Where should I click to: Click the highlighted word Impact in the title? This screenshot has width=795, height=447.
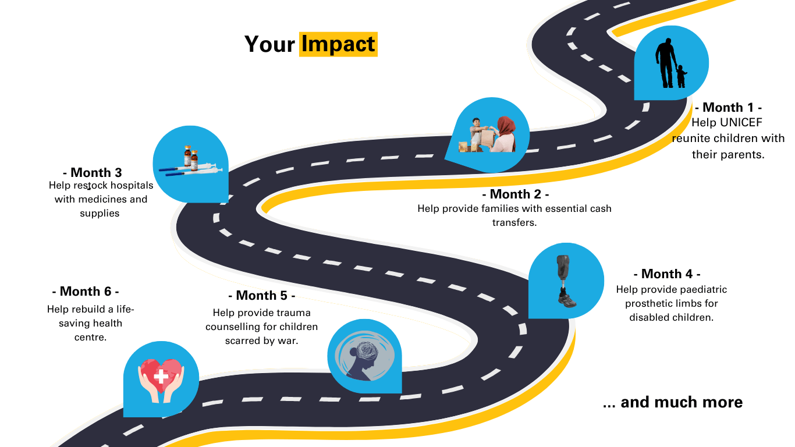click(x=338, y=44)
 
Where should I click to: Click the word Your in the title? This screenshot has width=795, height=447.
click(x=269, y=44)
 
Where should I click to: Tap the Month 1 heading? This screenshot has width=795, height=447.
click(x=728, y=107)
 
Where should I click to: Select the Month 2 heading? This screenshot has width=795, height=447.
click(x=515, y=194)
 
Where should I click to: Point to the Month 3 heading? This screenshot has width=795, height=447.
click(x=93, y=172)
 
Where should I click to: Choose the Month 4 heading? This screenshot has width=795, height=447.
click(x=667, y=274)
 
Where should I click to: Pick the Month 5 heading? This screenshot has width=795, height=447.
click(x=262, y=296)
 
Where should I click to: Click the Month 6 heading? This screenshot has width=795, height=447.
click(x=86, y=292)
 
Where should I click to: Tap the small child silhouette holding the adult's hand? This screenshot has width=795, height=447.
click(x=681, y=76)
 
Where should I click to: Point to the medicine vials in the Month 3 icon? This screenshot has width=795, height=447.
click(x=191, y=157)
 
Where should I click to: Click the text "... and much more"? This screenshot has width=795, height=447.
click(x=673, y=402)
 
